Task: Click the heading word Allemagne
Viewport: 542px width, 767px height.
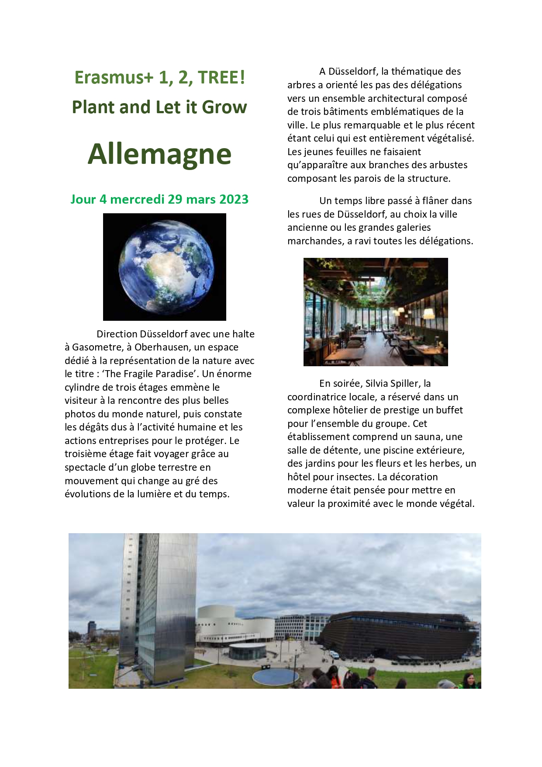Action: tap(159, 154)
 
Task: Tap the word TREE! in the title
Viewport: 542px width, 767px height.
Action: tap(221, 77)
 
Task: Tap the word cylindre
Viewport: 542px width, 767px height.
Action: tap(82, 388)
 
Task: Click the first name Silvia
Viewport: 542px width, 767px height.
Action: tap(379, 384)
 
